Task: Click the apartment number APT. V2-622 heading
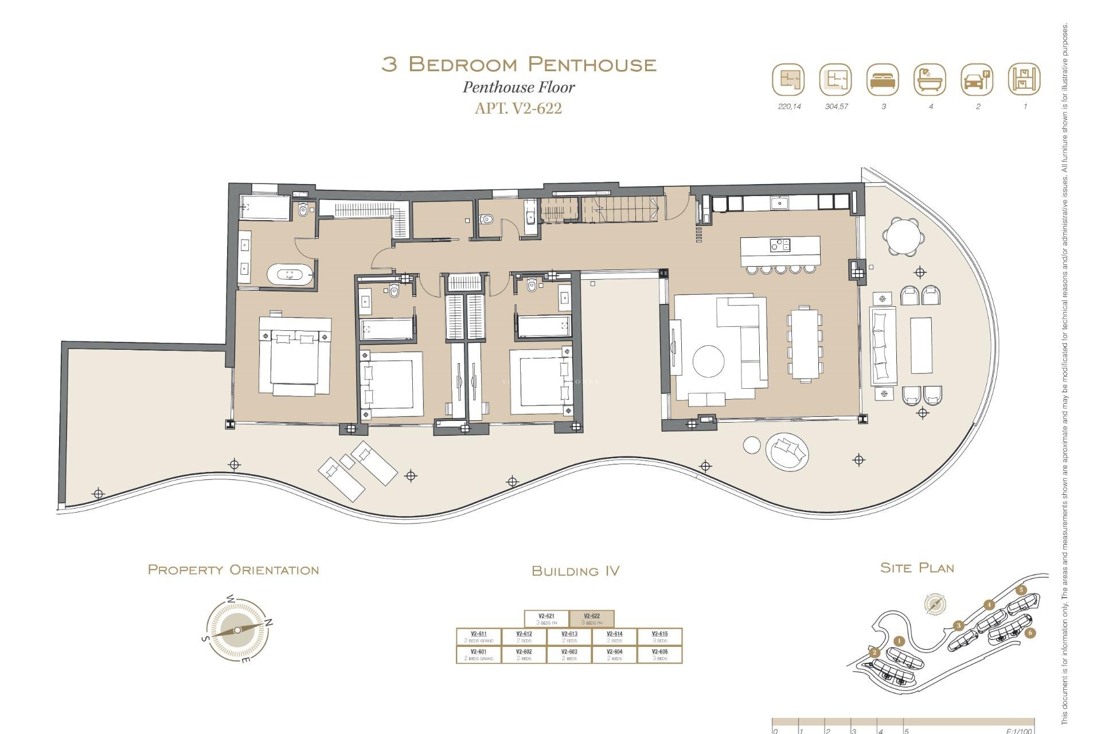point(518,108)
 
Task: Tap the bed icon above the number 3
point(883,80)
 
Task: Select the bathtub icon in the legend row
point(930,80)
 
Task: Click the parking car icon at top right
point(977,80)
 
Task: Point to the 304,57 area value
point(836,107)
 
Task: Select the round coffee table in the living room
point(708,361)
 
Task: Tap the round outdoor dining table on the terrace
point(903,236)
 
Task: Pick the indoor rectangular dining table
point(805,343)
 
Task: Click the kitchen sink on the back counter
point(780,202)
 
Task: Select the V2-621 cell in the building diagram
point(546,619)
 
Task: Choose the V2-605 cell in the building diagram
point(659,654)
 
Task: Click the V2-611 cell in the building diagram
point(478,637)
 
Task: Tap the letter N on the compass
point(269,622)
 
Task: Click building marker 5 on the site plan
point(1021,590)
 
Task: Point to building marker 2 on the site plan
point(874,653)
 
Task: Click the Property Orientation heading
point(233,570)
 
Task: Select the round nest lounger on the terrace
point(788,452)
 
